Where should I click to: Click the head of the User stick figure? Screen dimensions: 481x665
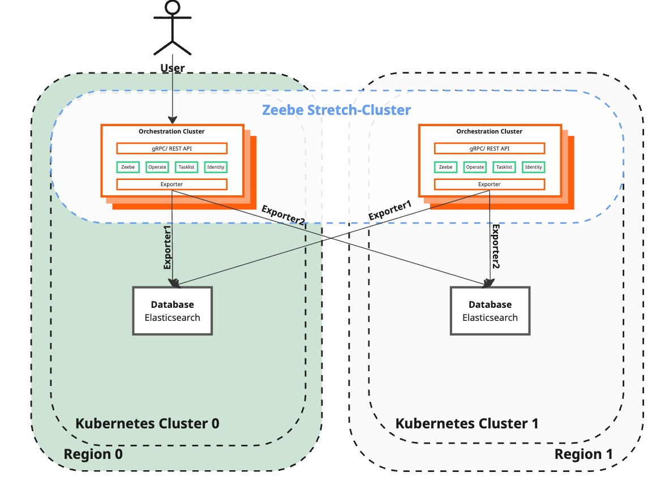click(x=172, y=8)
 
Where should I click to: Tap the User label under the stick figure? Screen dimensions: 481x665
click(x=173, y=68)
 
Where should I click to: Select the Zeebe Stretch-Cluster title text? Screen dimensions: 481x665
click(x=337, y=109)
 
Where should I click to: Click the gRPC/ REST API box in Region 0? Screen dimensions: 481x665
click(x=171, y=148)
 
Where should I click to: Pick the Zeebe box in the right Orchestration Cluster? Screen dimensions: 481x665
click(x=446, y=167)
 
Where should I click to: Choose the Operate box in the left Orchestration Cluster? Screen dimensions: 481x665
click(x=157, y=167)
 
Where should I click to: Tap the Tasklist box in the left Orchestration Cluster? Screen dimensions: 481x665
click(x=186, y=167)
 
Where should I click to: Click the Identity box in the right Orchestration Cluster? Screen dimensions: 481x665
click(x=533, y=167)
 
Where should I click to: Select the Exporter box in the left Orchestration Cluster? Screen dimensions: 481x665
click(x=171, y=184)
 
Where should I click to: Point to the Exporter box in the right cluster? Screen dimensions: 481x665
click(x=490, y=184)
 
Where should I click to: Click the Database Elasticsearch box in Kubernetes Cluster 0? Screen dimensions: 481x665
click(x=172, y=311)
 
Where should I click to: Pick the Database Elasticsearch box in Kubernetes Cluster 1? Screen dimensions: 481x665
click(x=490, y=311)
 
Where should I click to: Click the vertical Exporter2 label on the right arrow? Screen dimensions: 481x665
click(x=495, y=246)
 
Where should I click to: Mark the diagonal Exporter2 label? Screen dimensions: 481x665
click(x=283, y=216)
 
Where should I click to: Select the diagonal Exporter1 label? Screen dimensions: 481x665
click(x=390, y=209)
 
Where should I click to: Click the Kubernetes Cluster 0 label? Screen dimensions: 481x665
click(x=147, y=423)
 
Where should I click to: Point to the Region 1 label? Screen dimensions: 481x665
click(x=583, y=454)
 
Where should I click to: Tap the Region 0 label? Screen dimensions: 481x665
click(x=93, y=454)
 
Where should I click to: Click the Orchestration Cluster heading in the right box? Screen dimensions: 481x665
click(x=489, y=131)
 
